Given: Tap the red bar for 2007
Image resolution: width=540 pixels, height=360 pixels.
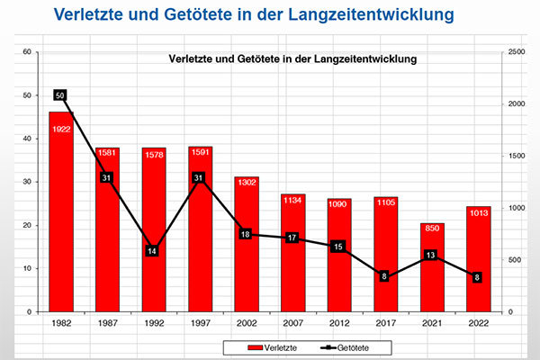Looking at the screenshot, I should (292, 253).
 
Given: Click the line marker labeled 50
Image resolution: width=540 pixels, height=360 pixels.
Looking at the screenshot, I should (60, 94).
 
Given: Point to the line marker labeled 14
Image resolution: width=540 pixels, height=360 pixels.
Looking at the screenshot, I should (153, 251).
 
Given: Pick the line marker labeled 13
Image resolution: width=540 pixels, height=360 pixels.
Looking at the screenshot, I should (431, 256).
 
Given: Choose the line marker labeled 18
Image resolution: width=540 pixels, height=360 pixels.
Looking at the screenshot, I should (246, 234).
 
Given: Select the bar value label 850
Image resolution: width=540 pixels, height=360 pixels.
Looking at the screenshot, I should (432, 229).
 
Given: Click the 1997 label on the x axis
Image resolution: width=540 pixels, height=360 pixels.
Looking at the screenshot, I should (200, 323).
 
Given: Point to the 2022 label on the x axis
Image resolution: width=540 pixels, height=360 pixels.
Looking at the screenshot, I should (478, 323).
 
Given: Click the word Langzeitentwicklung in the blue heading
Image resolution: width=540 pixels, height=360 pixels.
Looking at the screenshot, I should (367, 15).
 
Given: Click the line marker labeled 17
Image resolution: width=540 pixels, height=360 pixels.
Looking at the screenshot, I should (292, 238).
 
